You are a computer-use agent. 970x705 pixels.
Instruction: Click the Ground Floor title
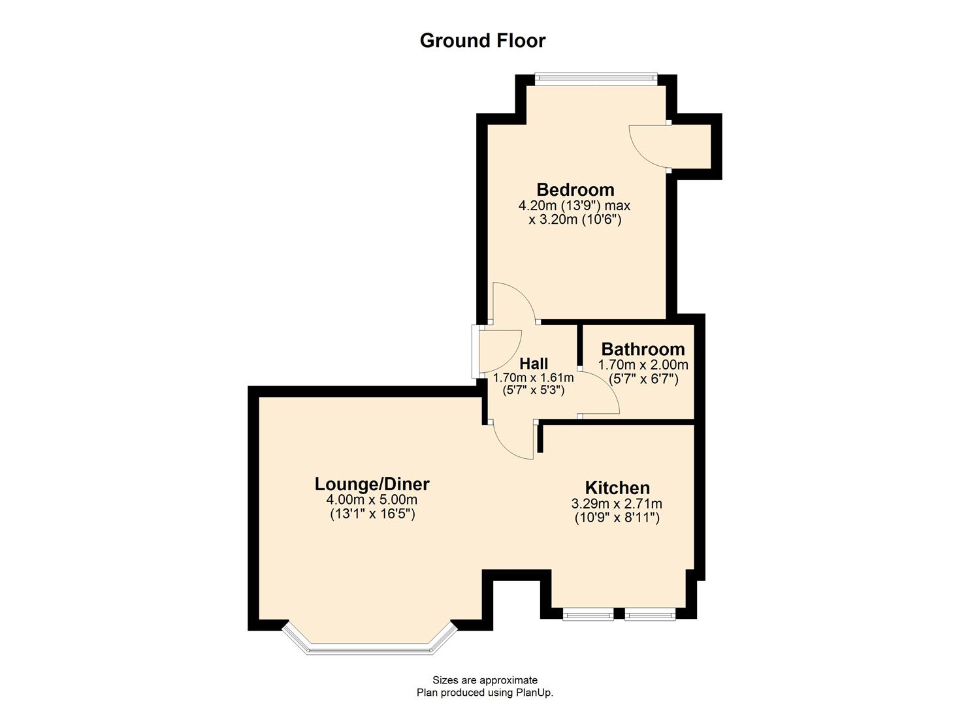click(482, 40)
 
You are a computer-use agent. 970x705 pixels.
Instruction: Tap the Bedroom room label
click(575, 190)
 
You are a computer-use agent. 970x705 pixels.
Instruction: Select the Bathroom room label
click(643, 349)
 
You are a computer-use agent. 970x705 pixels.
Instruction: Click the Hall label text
click(534, 364)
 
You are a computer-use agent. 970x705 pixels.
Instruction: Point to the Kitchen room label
click(617, 488)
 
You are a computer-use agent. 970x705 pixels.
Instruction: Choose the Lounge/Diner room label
click(372, 484)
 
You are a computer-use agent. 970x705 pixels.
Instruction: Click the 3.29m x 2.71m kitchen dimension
click(617, 504)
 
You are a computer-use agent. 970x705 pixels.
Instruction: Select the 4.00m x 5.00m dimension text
click(372, 500)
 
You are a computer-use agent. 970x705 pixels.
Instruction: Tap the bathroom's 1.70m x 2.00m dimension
click(643, 365)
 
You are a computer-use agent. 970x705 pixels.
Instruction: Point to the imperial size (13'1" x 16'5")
click(372, 514)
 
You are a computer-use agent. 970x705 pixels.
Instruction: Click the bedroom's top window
click(596, 79)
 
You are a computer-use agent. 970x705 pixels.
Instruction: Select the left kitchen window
click(587, 614)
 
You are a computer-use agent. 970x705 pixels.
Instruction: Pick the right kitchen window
click(649, 614)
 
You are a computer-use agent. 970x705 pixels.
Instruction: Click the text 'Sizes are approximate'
click(485, 680)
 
